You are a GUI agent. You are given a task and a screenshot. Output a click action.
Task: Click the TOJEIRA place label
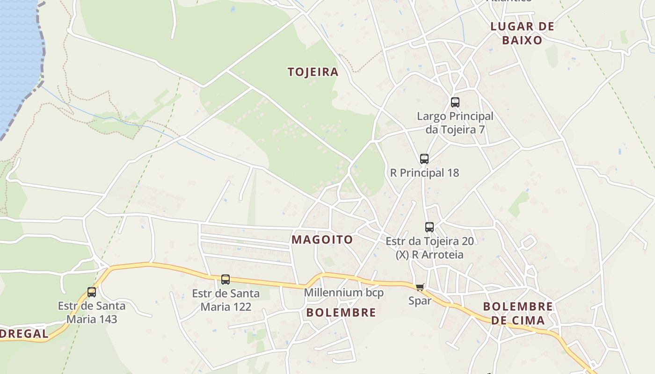313,72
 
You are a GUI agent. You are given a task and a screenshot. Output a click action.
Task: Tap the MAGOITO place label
322,240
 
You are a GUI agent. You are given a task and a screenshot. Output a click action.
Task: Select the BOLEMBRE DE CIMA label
518,313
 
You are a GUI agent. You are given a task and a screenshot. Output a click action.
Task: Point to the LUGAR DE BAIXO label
522,33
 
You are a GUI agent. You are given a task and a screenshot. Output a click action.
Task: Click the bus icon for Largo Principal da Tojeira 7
455,102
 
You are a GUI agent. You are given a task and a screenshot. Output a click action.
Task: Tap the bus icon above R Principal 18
424,158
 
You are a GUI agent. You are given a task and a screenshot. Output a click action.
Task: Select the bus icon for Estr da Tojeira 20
429,227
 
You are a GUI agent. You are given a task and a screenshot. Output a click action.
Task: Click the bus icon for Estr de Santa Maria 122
226,280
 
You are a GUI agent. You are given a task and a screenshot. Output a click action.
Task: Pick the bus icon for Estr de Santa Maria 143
92,292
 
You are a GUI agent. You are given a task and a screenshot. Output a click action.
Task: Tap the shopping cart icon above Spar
420,287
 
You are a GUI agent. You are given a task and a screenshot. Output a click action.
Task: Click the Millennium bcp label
344,293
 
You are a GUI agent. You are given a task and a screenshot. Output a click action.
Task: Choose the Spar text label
420,301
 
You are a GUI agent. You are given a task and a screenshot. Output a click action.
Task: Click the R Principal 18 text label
425,173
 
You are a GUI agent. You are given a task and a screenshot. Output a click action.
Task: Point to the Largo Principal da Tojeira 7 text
455,122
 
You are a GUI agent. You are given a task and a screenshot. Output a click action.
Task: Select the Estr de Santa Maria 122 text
226,300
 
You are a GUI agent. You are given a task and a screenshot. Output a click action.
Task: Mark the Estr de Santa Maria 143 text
92,312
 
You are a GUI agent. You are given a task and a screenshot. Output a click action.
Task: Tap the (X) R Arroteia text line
429,254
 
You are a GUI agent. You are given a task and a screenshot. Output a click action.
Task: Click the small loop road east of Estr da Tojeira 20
529,242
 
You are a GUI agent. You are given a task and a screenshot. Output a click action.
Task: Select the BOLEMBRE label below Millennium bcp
341,313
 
